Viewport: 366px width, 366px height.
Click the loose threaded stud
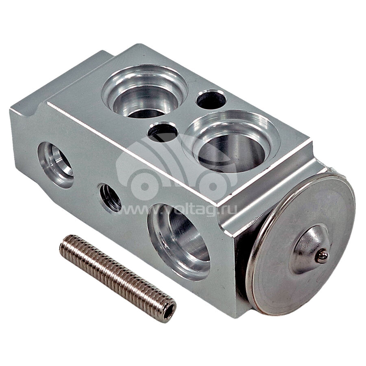118,279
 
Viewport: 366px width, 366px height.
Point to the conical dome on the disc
310,249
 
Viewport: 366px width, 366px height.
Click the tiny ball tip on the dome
322,256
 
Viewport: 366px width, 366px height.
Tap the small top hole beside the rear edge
211,100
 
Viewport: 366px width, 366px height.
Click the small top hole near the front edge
163,132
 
